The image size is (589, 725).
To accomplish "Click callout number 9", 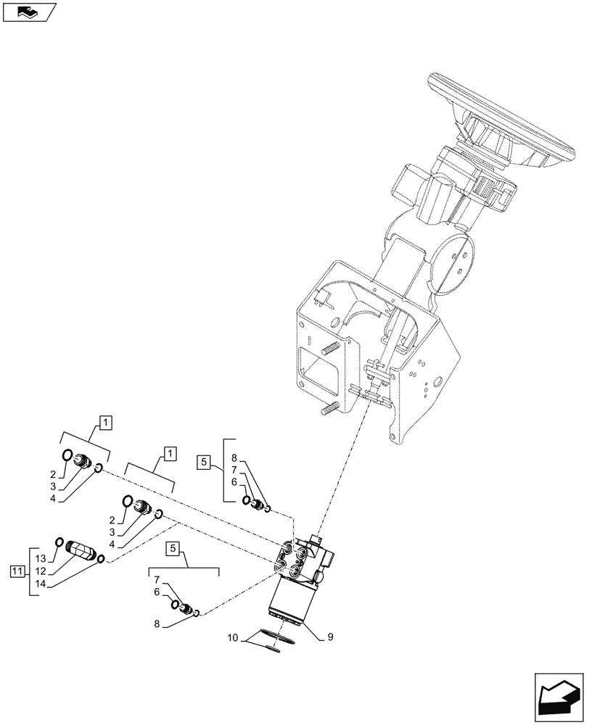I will click(330, 637).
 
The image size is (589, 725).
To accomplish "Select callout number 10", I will click(233, 638).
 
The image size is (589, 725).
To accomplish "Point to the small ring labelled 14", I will click(102, 558).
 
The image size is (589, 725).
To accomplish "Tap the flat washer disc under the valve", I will click(279, 640).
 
